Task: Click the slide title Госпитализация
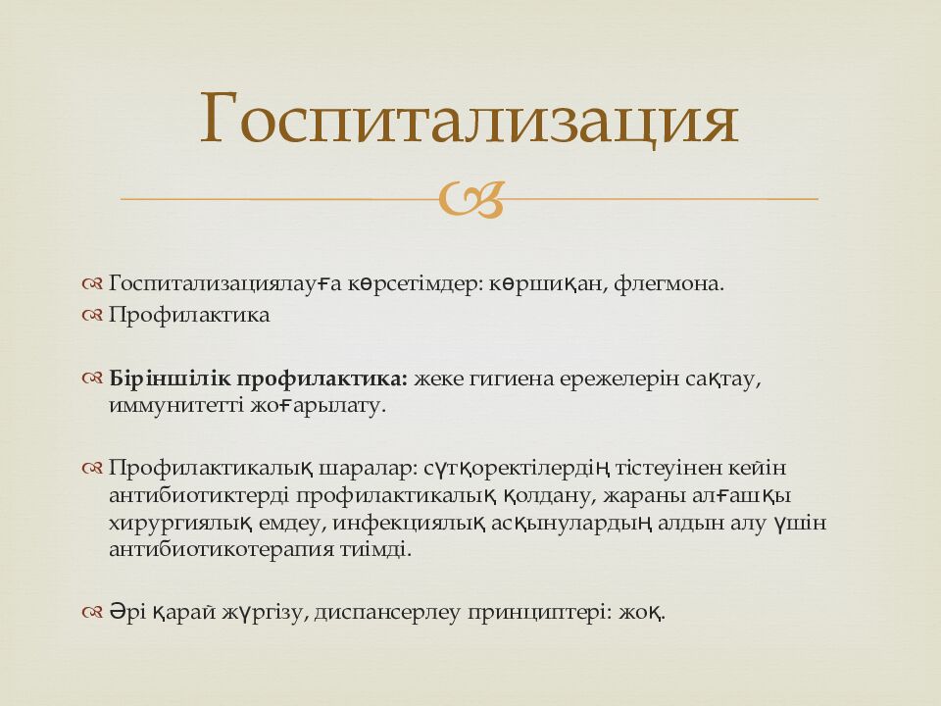[x=469, y=120]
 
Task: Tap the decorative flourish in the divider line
[x=471, y=199]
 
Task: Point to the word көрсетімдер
[x=415, y=284]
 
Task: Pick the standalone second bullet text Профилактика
[x=189, y=316]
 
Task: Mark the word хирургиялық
[x=182, y=523]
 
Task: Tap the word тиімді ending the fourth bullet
[x=375, y=549]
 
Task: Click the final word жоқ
[x=643, y=613]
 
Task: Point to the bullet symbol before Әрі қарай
[x=93, y=613]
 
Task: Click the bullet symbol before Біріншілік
[x=93, y=378]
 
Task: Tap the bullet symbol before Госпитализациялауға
[x=93, y=284]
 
